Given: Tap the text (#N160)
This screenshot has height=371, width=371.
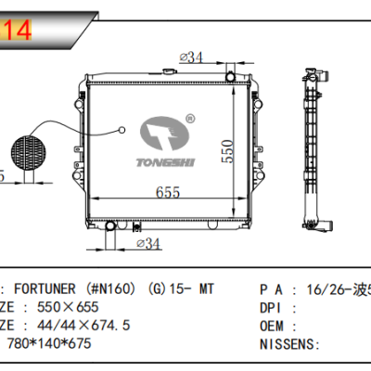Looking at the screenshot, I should tap(114, 289).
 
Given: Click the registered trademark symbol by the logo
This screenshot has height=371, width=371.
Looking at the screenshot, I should tap(189, 118).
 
